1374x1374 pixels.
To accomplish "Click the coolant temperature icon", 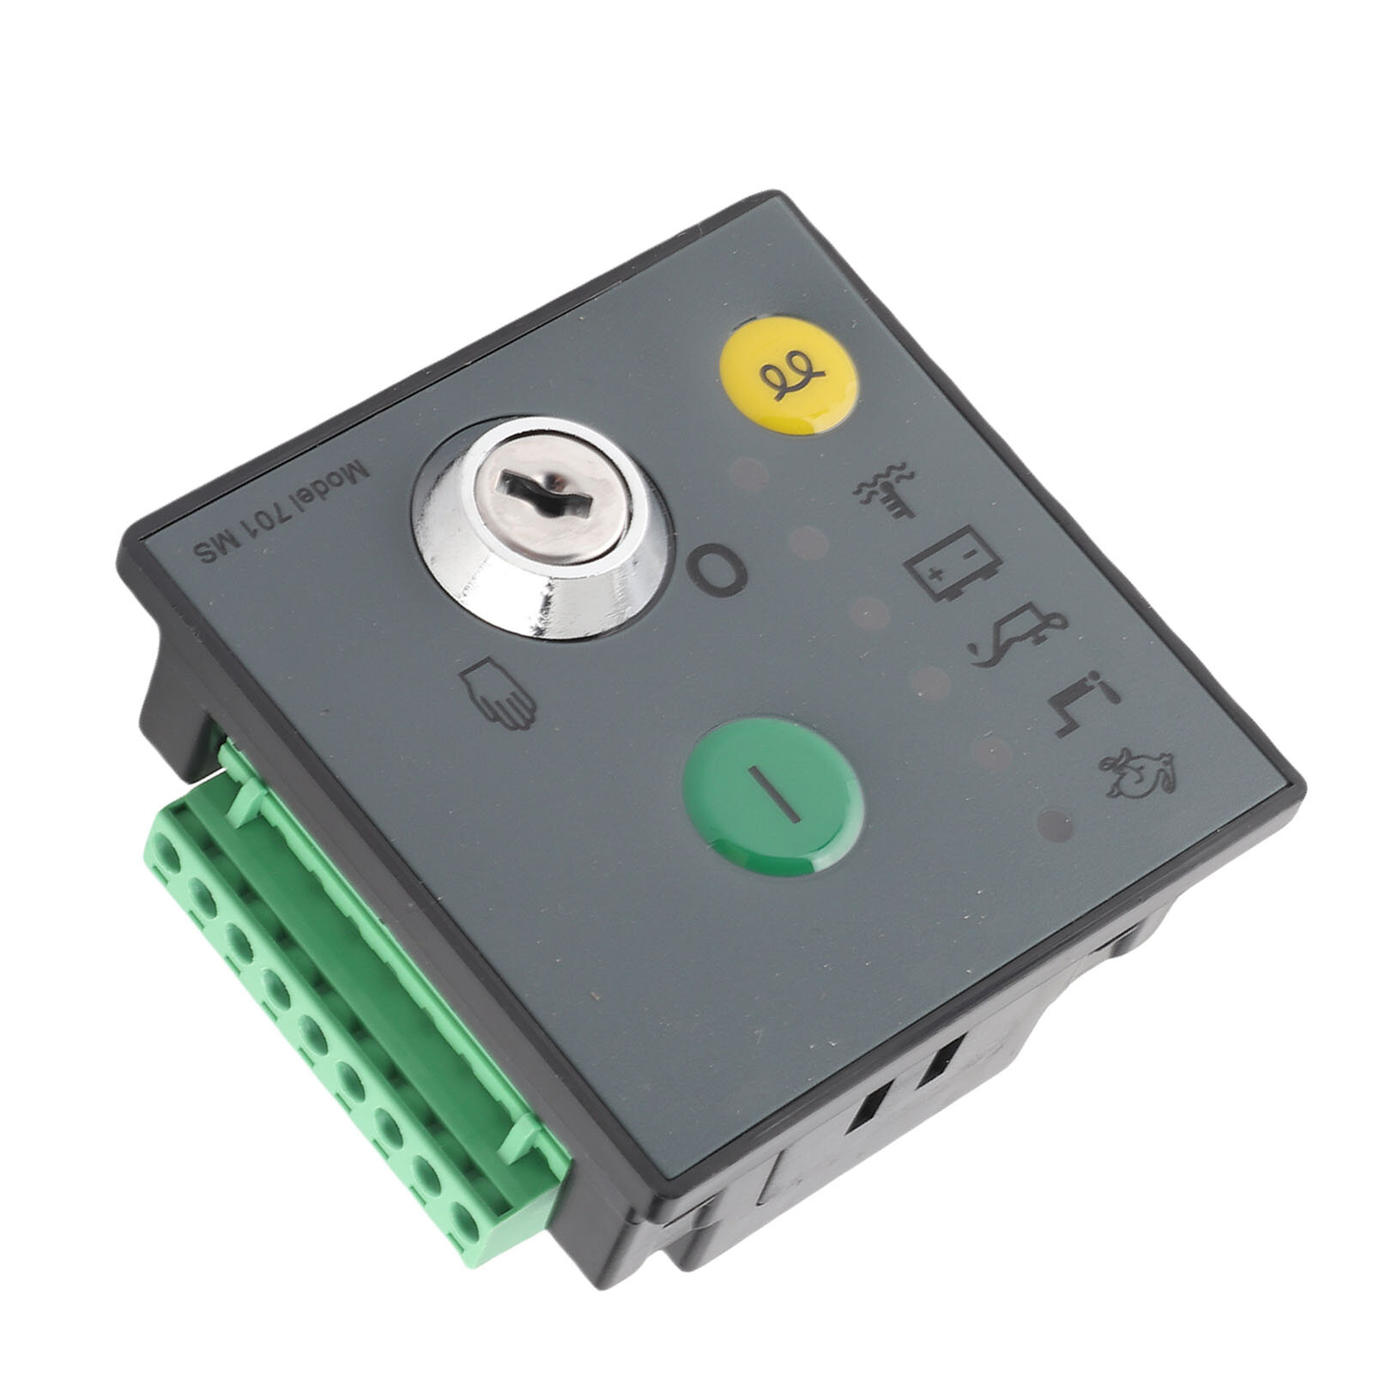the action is pyautogui.click(x=885, y=492).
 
